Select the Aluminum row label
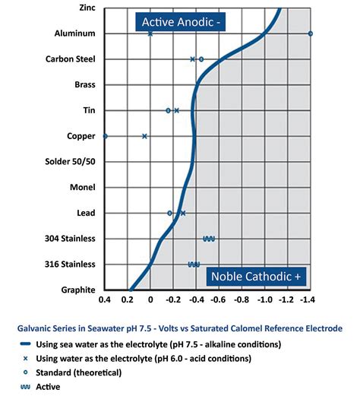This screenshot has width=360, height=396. [x=76, y=33]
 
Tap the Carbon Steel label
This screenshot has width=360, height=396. [x=71, y=59]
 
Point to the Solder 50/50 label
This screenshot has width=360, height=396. [x=71, y=162]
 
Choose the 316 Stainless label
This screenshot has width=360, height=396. [x=71, y=265]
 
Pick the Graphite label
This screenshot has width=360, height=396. [x=78, y=290]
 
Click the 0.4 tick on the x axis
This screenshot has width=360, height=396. [x=105, y=300]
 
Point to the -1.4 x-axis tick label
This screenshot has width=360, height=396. [x=309, y=300]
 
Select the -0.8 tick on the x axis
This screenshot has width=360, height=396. [x=242, y=300]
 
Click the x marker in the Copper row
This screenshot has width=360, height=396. [x=144, y=136]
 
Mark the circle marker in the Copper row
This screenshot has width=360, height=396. [x=105, y=136]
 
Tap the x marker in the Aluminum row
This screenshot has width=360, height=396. [x=150, y=33]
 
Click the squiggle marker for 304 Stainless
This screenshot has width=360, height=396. [x=209, y=239]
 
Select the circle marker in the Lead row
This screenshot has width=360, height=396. [x=169, y=213]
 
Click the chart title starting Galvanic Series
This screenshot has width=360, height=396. [x=179, y=328]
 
